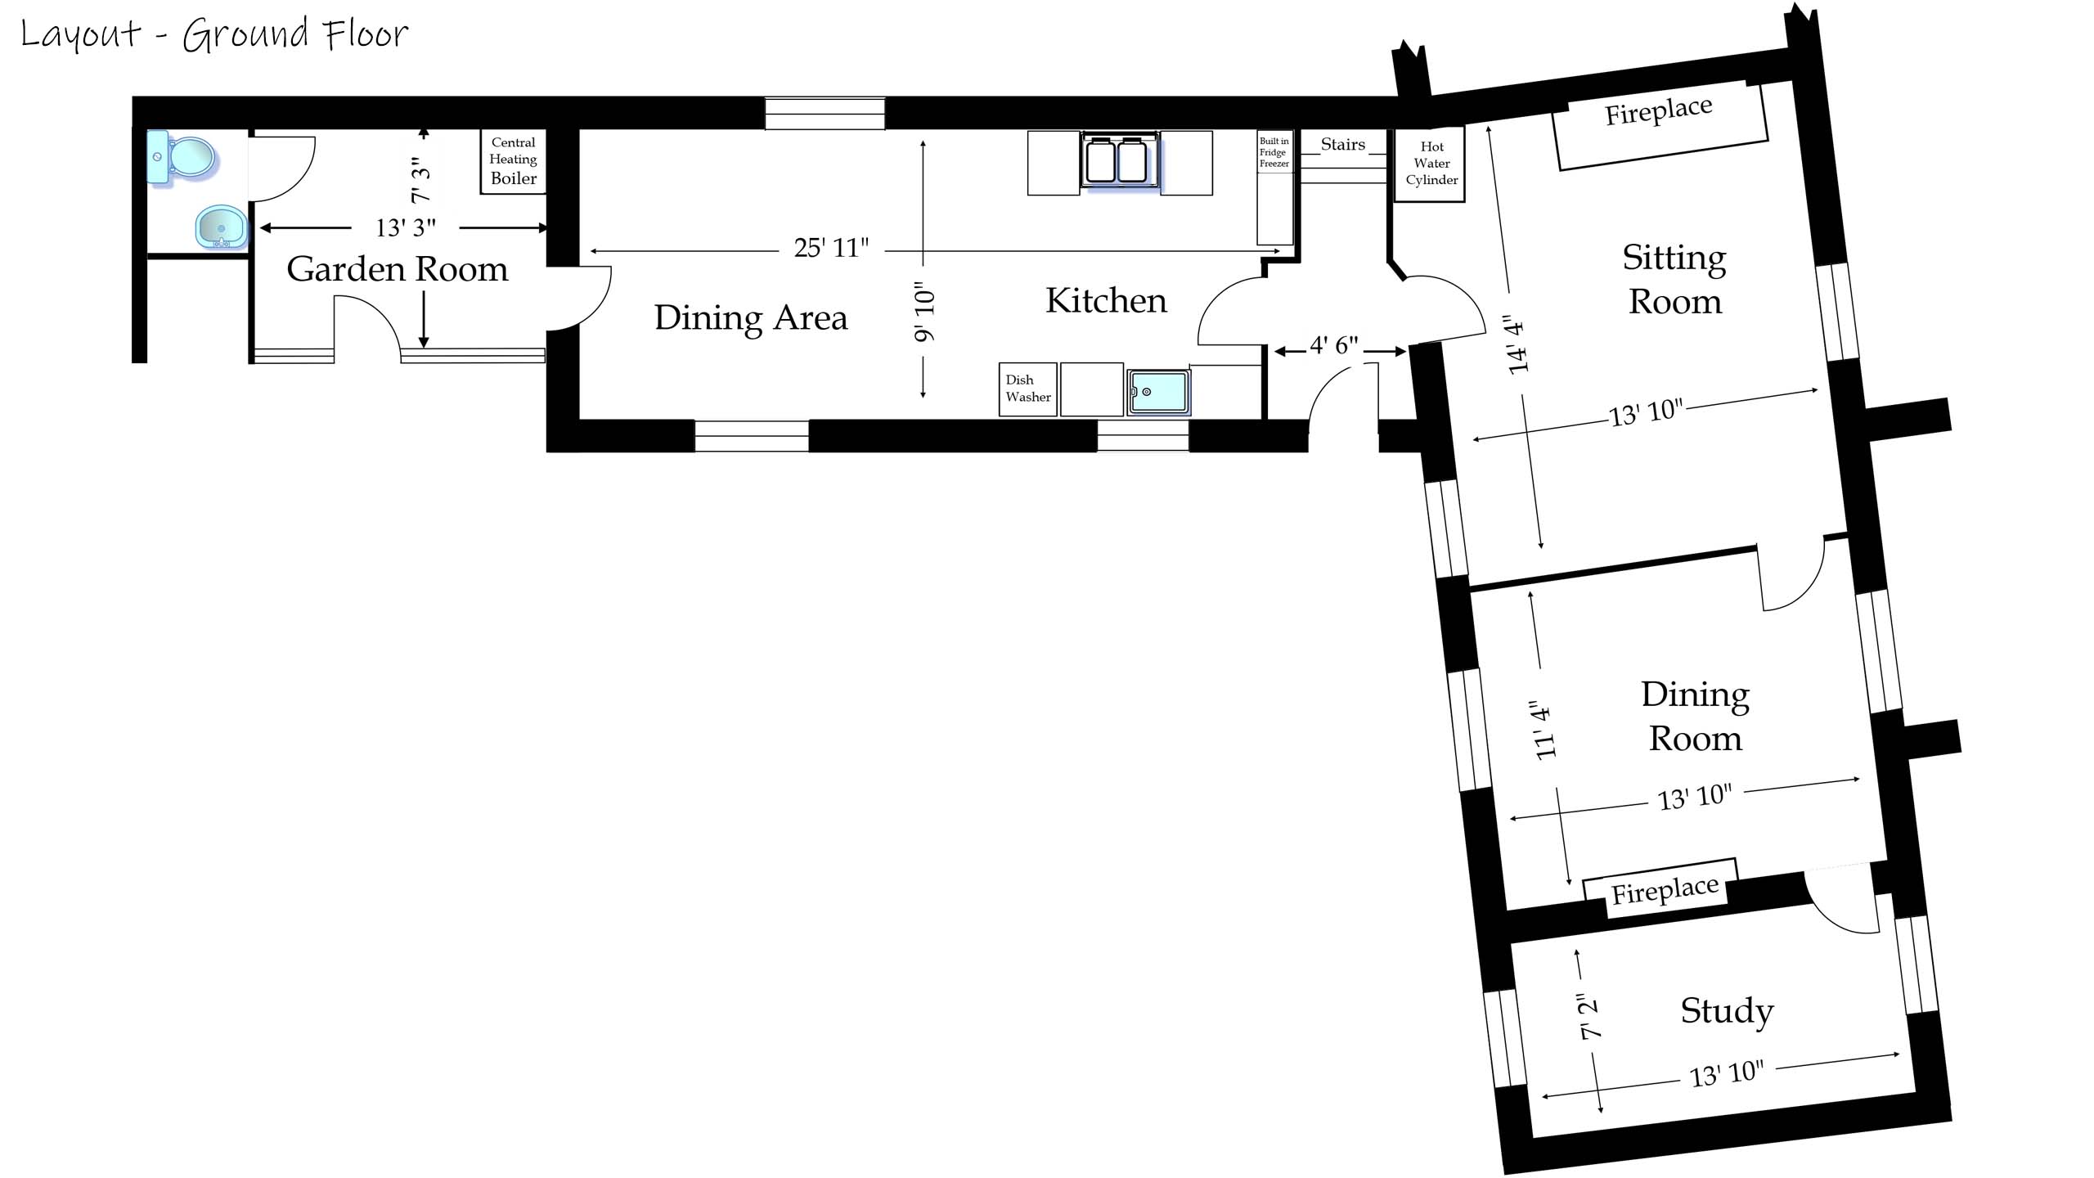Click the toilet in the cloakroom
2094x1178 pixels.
[x=183, y=157]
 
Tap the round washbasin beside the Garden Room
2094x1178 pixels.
[x=222, y=227]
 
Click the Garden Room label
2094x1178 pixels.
[x=398, y=269]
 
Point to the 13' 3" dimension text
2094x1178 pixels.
[x=406, y=227]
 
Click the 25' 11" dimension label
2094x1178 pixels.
[x=831, y=247]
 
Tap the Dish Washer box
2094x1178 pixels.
[x=1028, y=389]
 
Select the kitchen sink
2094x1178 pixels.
[x=1157, y=393]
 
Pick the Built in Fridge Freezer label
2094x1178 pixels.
[x=1274, y=153]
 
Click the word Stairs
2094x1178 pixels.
[x=1343, y=145]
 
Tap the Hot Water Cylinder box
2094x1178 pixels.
[x=1431, y=164]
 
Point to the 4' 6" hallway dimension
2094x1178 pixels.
[x=1334, y=346]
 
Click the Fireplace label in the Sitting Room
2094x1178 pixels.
[x=1659, y=112]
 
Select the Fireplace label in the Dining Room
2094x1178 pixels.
[x=1665, y=891]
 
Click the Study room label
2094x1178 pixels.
[x=1727, y=1011]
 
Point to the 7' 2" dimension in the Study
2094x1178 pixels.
[x=1588, y=1017]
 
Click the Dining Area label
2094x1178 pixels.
[x=751, y=318]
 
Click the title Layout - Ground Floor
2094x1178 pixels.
[x=214, y=34]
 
